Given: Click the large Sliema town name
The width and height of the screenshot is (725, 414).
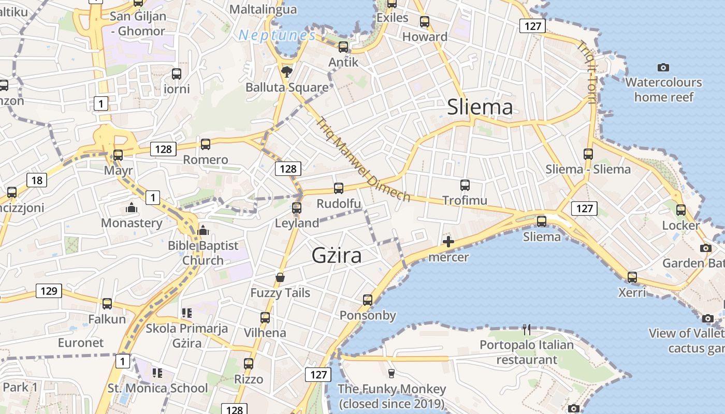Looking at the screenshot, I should pyautogui.click(x=480, y=107).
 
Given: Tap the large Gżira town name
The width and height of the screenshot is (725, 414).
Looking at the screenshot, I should pyautogui.click(x=337, y=255).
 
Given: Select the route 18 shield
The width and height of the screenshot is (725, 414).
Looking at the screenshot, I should pyautogui.click(x=37, y=180).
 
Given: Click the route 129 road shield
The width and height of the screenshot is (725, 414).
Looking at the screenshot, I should pyautogui.click(x=49, y=291).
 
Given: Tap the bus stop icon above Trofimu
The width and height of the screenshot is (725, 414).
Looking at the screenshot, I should pyautogui.click(x=465, y=185).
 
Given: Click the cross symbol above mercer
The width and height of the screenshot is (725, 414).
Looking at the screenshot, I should pyautogui.click(x=448, y=242).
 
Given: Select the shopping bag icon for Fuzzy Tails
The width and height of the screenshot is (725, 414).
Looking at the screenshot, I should pyautogui.click(x=280, y=278).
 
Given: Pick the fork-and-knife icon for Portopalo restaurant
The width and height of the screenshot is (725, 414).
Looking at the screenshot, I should pyautogui.click(x=527, y=330).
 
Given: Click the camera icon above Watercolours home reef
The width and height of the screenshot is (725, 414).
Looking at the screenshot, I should pyautogui.click(x=663, y=67).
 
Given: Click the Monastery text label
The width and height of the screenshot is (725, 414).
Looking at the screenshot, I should pyautogui.click(x=132, y=223).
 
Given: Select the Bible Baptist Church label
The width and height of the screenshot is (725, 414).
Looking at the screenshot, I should pyautogui.click(x=203, y=253).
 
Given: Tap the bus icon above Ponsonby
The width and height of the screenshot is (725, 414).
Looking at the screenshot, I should pyautogui.click(x=368, y=300).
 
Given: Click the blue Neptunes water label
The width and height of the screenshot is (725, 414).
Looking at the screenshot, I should pyautogui.click(x=277, y=36).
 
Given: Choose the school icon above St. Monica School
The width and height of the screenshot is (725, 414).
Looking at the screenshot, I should pyautogui.click(x=157, y=373).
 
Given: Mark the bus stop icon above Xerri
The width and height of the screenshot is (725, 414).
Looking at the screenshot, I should pyautogui.click(x=632, y=277).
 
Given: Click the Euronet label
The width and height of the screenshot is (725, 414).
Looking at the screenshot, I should pyautogui.click(x=81, y=343).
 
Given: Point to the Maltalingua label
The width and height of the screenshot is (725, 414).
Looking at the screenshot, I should pyautogui.click(x=263, y=9).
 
